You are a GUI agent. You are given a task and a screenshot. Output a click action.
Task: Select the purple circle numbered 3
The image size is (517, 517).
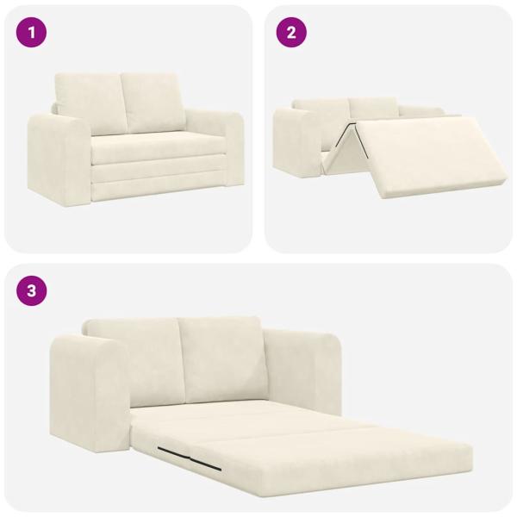click(x=32, y=291)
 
